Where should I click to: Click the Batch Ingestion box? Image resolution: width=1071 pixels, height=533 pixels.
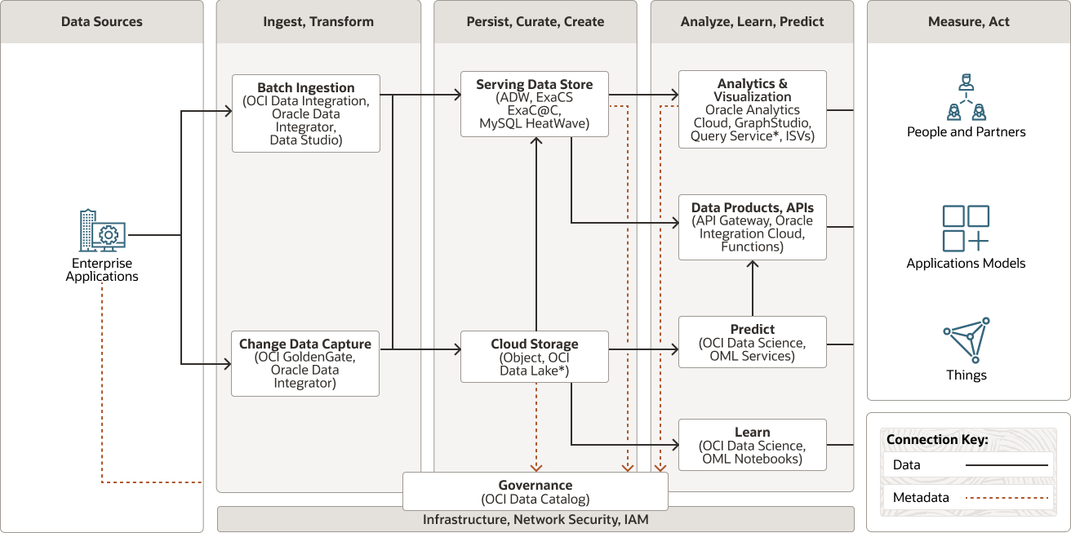tap(306, 113)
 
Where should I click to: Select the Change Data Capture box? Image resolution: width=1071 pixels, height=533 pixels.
tap(305, 363)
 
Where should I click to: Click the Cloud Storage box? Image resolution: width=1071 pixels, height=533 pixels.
tap(535, 357)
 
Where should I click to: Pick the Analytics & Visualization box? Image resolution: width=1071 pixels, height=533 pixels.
tap(752, 109)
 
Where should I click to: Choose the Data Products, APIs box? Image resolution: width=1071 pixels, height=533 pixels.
tap(752, 227)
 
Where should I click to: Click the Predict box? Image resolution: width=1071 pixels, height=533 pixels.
tap(752, 342)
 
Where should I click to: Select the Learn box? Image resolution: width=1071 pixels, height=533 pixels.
tap(752, 445)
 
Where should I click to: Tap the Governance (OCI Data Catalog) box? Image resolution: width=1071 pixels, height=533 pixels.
tap(535, 491)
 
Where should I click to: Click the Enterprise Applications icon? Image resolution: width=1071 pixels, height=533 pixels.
tap(102, 231)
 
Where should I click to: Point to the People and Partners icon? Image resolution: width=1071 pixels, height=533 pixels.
tap(966, 97)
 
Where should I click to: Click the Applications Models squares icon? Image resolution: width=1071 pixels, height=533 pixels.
tap(966, 229)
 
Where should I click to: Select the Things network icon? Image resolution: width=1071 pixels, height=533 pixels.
tap(967, 340)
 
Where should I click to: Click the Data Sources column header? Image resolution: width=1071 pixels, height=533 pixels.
tap(102, 22)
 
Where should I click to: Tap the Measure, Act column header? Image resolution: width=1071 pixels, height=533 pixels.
tap(968, 22)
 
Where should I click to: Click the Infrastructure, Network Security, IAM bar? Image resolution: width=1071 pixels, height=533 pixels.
tap(535, 519)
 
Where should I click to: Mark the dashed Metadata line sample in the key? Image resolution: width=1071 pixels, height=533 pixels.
tap(1007, 498)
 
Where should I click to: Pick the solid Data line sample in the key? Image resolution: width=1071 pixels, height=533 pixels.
tap(1007, 465)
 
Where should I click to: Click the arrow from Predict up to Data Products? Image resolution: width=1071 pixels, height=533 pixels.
tap(752, 288)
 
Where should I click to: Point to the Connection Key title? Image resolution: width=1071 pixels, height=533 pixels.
tap(937, 439)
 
